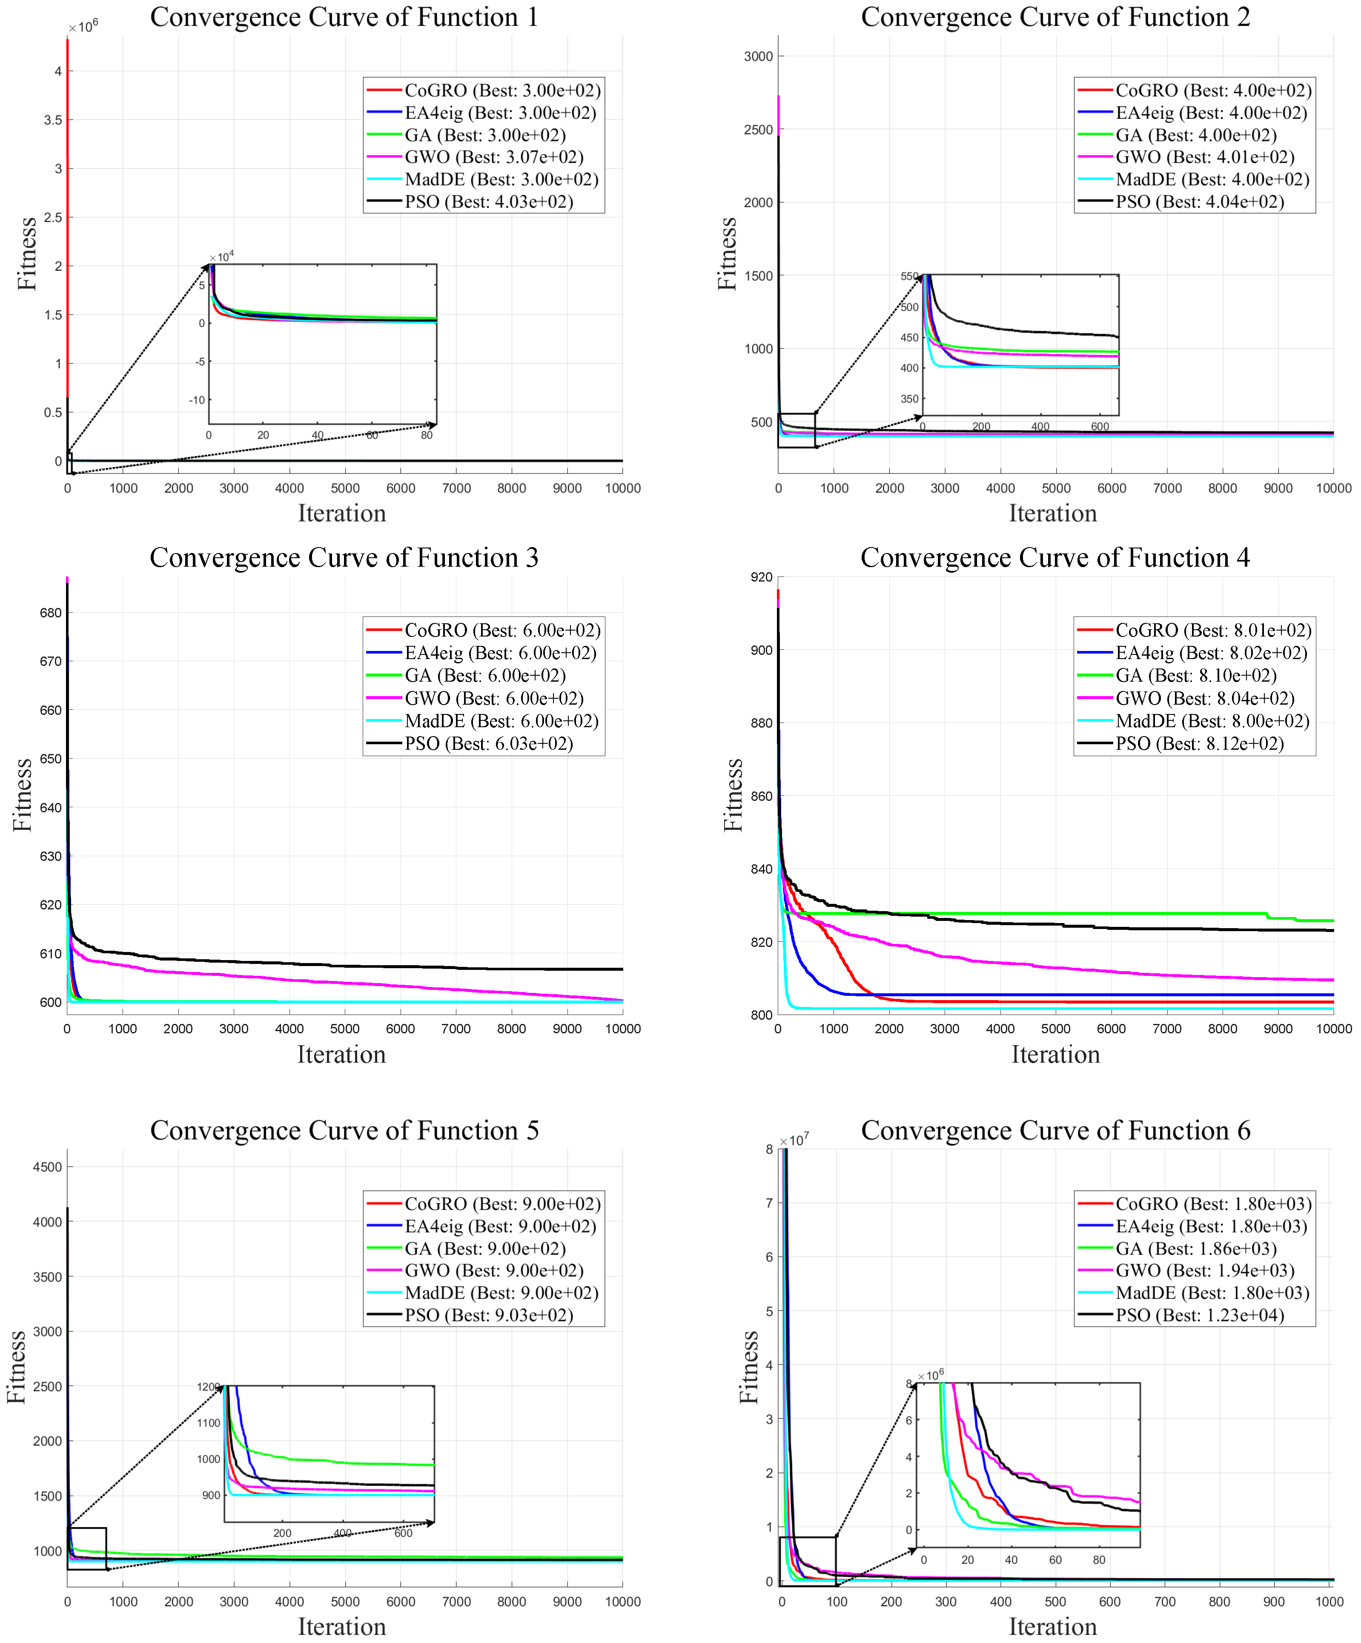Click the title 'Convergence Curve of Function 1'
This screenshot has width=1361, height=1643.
point(344,17)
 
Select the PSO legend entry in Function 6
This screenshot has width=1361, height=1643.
point(1181,1315)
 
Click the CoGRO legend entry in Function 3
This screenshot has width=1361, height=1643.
point(483,631)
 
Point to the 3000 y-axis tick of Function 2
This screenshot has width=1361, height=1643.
point(758,56)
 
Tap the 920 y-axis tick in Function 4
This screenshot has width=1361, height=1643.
point(761,577)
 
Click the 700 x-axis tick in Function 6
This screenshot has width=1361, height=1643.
point(1165,1602)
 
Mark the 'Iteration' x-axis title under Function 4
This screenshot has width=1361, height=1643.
point(1055,1055)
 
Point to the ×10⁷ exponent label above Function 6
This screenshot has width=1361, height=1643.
point(794,1140)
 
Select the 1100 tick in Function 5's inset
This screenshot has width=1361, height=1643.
point(209,1422)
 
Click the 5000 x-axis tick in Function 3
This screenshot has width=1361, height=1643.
point(345,1029)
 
